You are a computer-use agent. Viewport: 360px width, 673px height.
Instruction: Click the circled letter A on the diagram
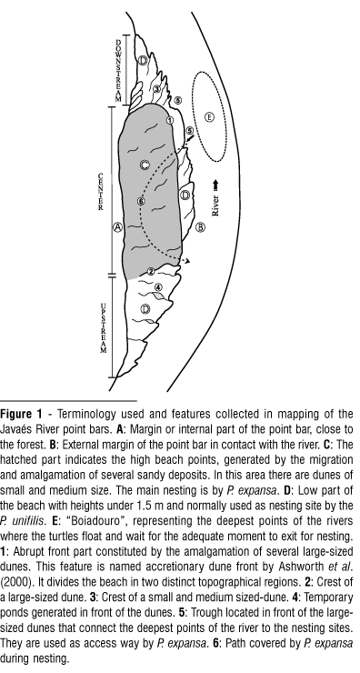point(117,227)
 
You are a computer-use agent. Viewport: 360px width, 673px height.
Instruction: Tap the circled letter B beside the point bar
point(200,227)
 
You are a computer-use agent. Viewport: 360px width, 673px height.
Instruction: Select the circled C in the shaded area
point(145,165)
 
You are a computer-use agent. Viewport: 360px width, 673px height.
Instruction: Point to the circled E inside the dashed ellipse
point(209,116)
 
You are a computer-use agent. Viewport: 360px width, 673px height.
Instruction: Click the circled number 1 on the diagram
point(170,120)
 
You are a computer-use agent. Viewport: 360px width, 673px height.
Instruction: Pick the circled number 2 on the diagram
point(151,271)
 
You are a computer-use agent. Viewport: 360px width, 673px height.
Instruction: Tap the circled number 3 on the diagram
point(156,89)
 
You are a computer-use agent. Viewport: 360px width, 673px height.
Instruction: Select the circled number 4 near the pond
point(158,287)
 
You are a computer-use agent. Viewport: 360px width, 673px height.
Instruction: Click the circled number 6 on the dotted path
point(141,201)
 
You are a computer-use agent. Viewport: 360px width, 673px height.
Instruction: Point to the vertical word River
point(215,206)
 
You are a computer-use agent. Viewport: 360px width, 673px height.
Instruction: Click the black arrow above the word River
point(215,185)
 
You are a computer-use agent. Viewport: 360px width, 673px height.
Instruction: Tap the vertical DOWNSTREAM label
point(118,70)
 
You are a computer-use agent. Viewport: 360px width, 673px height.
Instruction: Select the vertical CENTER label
point(100,191)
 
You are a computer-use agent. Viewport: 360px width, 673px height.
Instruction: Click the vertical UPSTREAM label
point(103,328)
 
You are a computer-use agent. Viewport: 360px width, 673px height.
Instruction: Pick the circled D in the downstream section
point(143,61)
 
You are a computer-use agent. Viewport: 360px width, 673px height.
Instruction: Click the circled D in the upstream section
point(145,308)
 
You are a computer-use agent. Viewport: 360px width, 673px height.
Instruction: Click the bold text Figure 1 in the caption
point(22,414)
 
